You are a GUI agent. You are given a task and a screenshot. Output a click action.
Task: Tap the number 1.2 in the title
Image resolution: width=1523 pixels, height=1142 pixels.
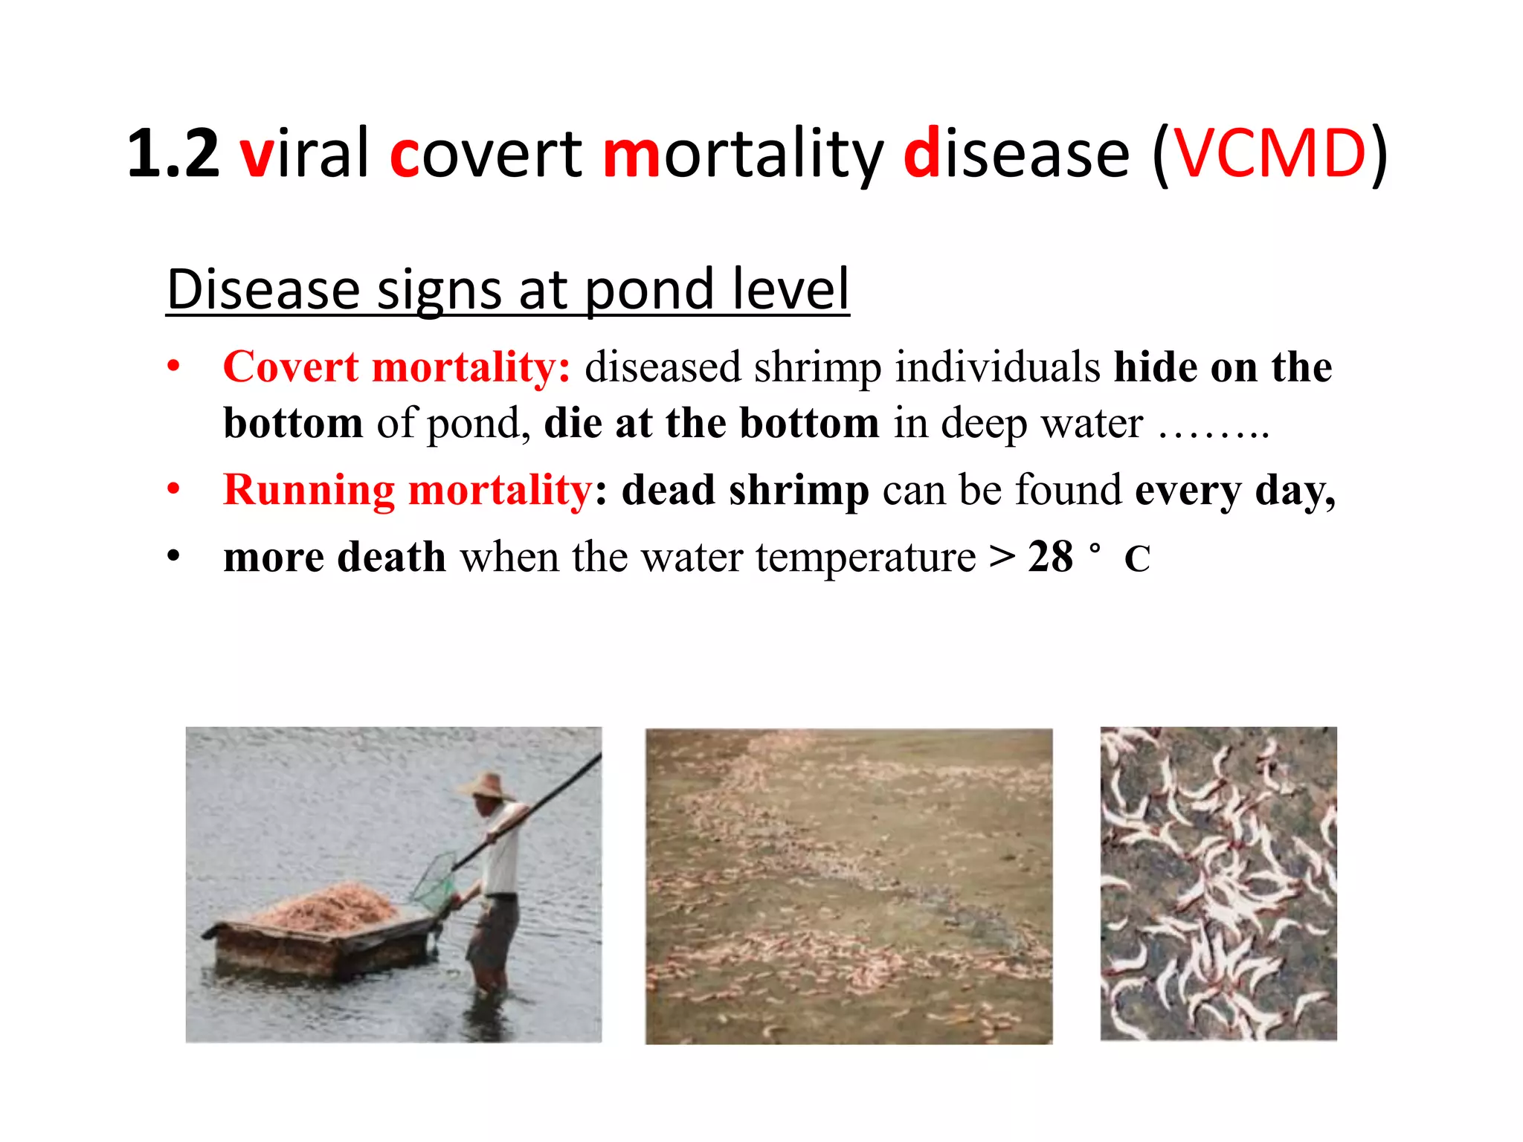tap(173, 154)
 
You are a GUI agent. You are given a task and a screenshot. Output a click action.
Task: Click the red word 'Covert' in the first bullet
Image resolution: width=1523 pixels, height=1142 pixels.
tap(291, 367)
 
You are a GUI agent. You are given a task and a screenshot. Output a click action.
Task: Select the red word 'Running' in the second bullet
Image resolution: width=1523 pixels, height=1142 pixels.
tap(308, 491)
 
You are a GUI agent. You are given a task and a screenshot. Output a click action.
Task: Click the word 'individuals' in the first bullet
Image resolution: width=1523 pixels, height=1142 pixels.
tap(997, 367)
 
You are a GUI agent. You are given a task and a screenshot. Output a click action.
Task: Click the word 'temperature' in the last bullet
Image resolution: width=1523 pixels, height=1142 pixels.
tap(866, 558)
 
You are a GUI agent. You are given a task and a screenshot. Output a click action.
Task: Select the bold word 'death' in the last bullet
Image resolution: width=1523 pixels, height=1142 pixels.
tap(391, 558)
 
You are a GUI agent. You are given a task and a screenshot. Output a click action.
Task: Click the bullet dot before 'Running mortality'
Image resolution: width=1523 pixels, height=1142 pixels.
tap(173, 490)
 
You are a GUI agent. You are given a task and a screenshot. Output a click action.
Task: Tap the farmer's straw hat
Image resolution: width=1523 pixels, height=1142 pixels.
tap(489, 787)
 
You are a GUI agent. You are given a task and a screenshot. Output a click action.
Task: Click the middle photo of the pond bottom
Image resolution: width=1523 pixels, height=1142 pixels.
tap(849, 885)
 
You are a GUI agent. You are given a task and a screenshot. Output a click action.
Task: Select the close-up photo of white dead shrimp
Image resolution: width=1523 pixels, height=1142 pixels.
tap(1218, 883)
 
